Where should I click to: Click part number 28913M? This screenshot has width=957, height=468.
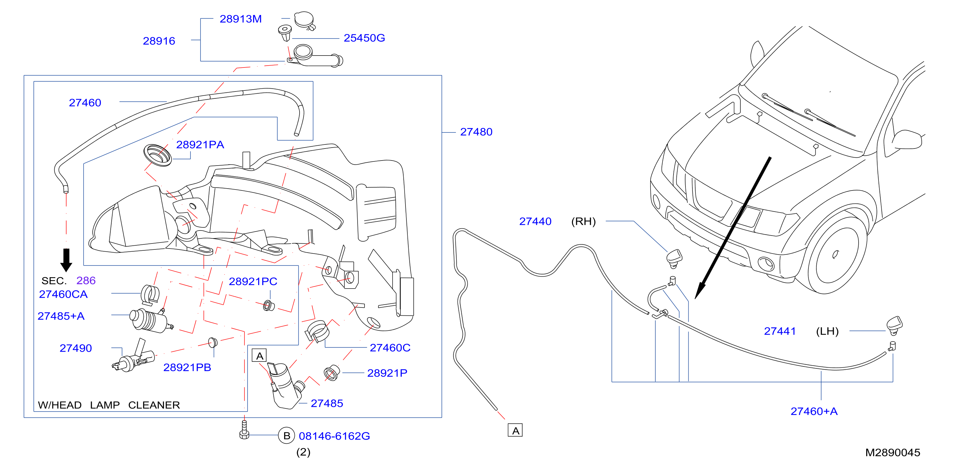coord(241,19)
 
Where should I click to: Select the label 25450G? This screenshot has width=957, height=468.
coord(364,38)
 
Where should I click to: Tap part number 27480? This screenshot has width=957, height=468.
coord(476,132)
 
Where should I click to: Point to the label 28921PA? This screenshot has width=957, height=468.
coord(200,144)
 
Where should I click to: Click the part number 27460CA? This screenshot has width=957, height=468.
coord(63,294)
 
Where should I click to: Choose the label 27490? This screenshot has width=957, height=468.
coord(75,348)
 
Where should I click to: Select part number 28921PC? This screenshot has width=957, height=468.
coord(253,282)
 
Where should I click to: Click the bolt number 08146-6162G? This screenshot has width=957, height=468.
coord(334,436)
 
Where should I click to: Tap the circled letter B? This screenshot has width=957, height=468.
coord(286,436)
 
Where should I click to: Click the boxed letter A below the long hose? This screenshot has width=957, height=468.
coord(515,430)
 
